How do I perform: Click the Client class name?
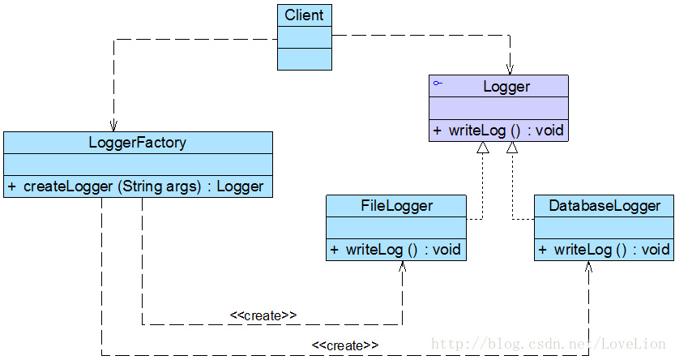click(x=304, y=15)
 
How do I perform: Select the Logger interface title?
click(x=506, y=86)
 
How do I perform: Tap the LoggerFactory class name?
click(x=137, y=143)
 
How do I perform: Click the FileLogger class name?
click(x=396, y=206)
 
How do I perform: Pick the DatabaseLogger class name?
click(x=604, y=206)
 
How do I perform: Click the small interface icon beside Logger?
click(x=438, y=84)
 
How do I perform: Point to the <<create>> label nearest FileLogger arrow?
click(x=263, y=315)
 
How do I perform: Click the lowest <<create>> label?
click(x=345, y=345)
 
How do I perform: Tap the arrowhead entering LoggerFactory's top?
click(x=113, y=126)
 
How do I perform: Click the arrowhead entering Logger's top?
click(x=511, y=70)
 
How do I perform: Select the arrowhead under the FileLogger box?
click(x=402, y=266)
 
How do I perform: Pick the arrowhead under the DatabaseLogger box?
click(x=589, y=266)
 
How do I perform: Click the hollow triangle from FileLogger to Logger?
click(x=483, y=148)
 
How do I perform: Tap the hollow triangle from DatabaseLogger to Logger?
click(x=511, y=148)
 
